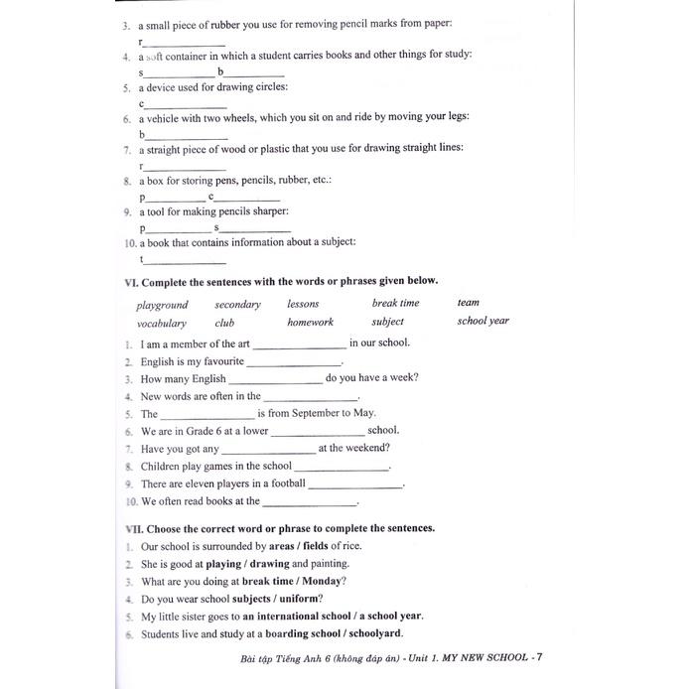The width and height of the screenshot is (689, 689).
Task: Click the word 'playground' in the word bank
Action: [162, 306]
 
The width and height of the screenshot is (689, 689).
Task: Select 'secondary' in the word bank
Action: [237, 305]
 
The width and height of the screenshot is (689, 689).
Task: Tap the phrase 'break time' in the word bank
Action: [395, 303]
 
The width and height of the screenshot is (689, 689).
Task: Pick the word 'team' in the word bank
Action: [468, 303]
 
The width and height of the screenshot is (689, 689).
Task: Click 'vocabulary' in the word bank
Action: [161, 323]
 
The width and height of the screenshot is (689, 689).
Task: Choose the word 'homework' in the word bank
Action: [310, 322]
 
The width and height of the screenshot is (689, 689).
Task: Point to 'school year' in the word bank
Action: [482, 321]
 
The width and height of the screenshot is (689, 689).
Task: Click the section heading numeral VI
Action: [130, 281]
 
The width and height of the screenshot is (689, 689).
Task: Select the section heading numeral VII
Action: [132, 528]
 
